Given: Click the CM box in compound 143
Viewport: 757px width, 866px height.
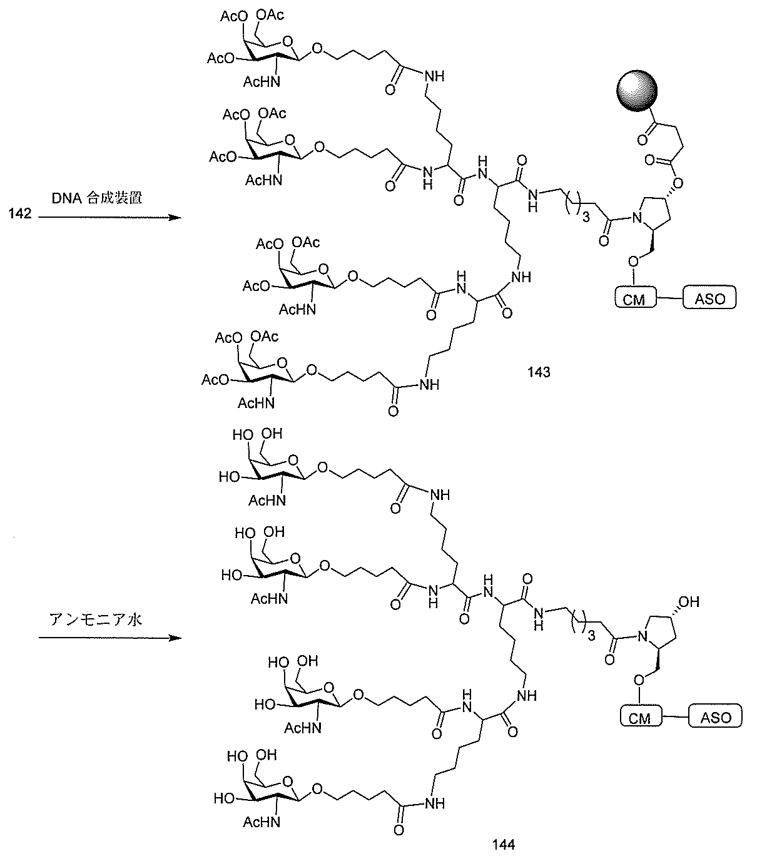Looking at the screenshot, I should [x=633, y=298].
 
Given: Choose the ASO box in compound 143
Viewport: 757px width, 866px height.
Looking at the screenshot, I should [x=710, y=298].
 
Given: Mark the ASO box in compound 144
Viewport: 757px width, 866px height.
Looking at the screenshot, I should [x=716, y=716].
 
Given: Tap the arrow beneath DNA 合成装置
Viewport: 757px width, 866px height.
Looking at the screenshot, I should [x=109, y=217].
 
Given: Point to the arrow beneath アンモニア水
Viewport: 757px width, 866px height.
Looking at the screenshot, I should [x=109, y=638].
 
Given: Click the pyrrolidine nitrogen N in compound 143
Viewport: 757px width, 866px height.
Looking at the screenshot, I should [x=637, y=218].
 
